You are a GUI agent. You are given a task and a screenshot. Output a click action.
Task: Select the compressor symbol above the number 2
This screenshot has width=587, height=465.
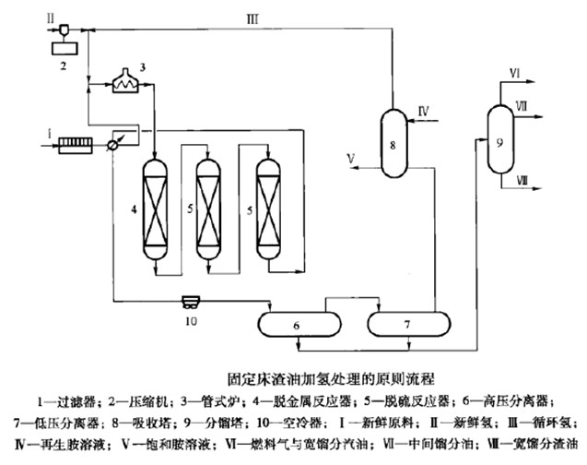(65, 30)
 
